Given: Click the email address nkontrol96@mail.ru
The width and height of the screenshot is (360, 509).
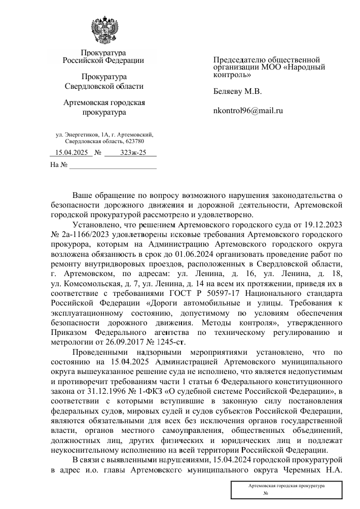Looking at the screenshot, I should pos(248,110).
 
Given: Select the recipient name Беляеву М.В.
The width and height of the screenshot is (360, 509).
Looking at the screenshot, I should pos(237,92).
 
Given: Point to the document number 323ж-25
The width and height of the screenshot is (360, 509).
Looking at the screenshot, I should pos(133,152).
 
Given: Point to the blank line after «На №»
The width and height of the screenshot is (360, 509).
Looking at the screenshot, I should pos(113,165).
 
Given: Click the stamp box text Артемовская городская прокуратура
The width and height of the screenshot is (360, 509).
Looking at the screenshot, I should pos(286,486).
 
